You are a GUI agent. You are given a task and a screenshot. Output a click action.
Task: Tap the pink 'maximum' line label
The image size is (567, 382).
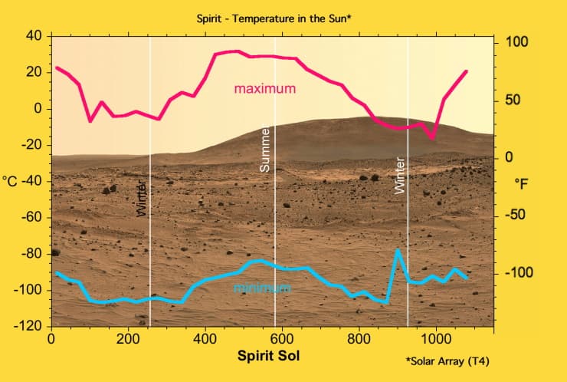tap(264, 89)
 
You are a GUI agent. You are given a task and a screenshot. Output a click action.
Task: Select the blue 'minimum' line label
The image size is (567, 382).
tap(261, 288)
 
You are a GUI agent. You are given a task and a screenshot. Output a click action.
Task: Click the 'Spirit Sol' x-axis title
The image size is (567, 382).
tap(269, 355)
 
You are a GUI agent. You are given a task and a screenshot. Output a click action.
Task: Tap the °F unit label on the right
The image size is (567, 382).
tap(522, 184)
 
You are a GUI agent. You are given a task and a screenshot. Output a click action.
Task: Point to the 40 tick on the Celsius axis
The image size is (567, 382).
tap(33, 35)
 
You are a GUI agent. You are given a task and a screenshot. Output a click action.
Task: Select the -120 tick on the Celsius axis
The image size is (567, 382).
tap(28, 327)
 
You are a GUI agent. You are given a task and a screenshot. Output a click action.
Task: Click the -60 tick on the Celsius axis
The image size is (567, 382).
tap(31, 217)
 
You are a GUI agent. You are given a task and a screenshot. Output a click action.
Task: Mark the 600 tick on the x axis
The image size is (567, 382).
tap(282, 338)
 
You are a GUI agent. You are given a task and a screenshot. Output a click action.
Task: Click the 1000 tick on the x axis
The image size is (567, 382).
tap(436, 338)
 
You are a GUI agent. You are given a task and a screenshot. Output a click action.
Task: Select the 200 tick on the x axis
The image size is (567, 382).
tap(127, 338)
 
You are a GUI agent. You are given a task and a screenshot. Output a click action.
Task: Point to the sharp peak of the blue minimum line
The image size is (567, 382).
tap(398, 250)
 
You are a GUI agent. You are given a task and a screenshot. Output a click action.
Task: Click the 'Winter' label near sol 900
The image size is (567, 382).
tap(398, 175)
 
